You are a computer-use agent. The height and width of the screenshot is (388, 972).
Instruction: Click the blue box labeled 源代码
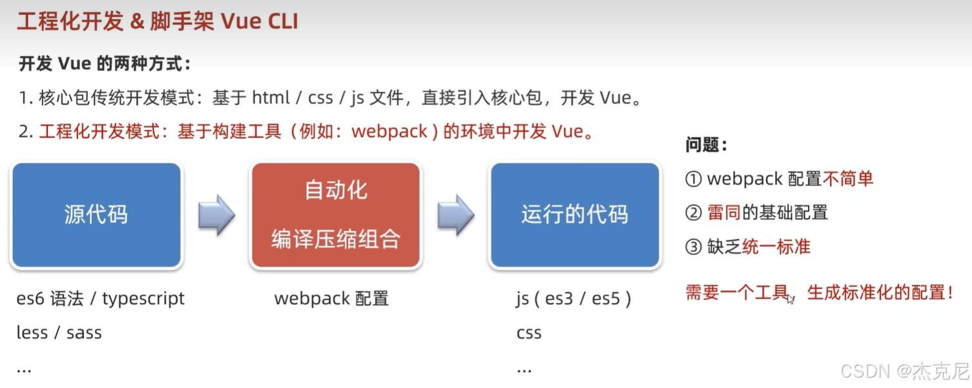point(96,215)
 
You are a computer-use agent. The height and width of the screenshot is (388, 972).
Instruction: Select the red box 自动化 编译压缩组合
point(336,215)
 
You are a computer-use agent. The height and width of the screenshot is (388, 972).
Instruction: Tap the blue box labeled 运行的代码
point(575,215)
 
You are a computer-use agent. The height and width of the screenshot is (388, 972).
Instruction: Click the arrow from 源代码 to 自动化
point(216,215)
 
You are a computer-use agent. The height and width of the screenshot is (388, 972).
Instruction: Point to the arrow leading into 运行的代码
point(456,215)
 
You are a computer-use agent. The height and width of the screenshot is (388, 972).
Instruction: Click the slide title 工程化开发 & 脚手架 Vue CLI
point(158,21)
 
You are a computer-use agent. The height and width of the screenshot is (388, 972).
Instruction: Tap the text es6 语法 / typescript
point(101,299)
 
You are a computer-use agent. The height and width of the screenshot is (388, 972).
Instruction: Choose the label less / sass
point(59,333)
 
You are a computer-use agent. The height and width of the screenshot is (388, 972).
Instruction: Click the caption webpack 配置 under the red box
point(331,299)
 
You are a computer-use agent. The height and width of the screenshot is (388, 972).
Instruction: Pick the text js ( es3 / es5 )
point(574,299)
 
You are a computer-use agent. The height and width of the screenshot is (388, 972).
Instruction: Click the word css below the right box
point(529,333)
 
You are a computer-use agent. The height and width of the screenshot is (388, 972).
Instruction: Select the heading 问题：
point(707,145)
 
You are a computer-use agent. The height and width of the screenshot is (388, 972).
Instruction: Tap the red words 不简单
point(848,178)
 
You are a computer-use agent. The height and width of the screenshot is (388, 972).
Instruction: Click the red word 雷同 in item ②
point(724,212)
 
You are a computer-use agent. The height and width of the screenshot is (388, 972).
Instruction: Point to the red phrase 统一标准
point(776,247)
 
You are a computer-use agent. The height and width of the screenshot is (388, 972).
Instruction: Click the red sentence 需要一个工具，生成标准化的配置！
point(819,292)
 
